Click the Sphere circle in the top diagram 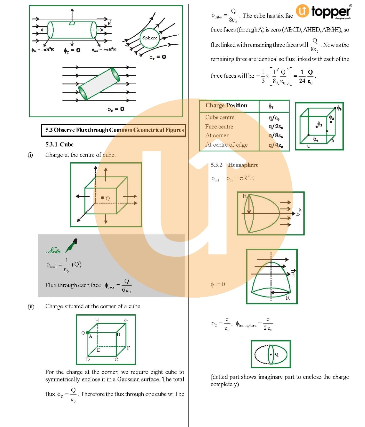click(x=150, y=38)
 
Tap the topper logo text click(x=331, y=11)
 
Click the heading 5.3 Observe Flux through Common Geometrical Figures click(x=114, y=130)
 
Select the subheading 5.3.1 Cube click(x=59, y=144)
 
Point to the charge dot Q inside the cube click(x=103, y=198)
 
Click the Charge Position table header click(x=226, y=106)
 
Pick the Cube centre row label click(x=220, y=117)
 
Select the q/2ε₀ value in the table click(x=275, y=126)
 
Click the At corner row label click(x=217, y=136)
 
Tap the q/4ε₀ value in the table click(x=275, y=145)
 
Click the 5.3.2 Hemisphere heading click(x=234, y=165)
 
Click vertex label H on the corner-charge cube click(x=97, y=320)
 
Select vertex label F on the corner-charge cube click(x=128, y=348)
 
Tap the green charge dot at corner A click(x=88, y=333)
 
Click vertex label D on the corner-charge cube click(x=88, y=359)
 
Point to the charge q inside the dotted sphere click(x=271, y=354)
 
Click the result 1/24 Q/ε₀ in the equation click(x=306, y=76)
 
